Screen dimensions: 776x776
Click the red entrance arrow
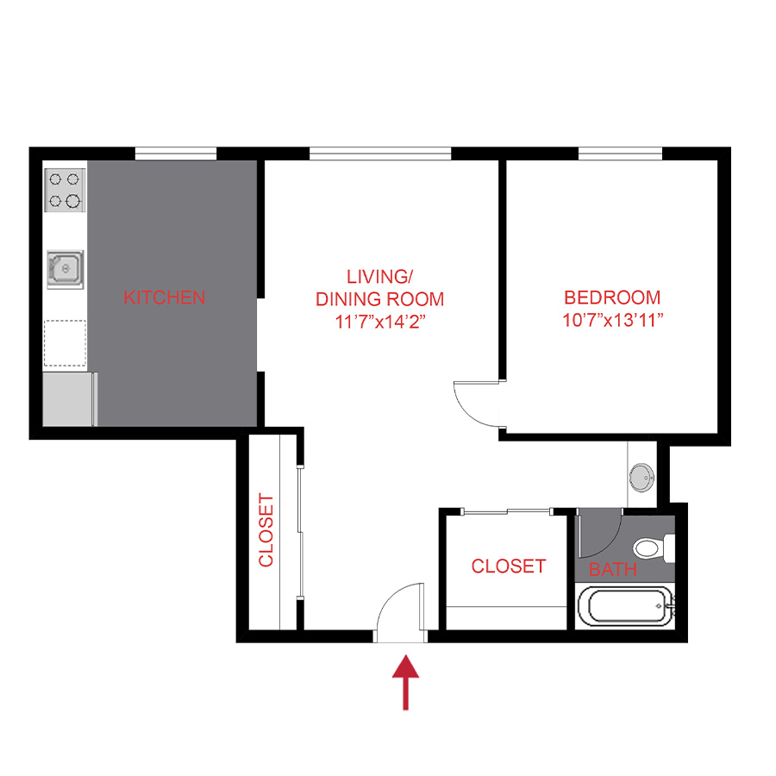405,681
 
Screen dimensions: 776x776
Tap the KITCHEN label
165,297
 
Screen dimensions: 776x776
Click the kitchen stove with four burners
65,190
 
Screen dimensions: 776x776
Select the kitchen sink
65,270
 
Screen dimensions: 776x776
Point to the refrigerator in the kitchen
69,398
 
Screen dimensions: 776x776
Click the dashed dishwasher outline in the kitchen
65,341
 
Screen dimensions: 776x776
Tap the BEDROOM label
612,298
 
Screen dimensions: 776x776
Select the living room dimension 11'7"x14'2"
379,322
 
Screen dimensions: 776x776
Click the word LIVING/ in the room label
379,277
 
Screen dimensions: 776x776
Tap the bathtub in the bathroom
629,609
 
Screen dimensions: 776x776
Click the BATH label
613,569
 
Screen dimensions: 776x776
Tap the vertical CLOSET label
266,529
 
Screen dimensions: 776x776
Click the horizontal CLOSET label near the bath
508,566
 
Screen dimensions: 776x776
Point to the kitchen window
175,154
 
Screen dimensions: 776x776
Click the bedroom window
619,154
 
